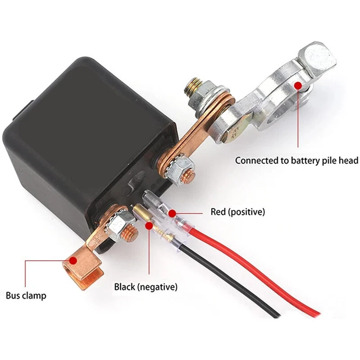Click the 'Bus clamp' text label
[x=26, y=296]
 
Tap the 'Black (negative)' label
[x=145, y=287]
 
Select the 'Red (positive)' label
[x=238, y=211]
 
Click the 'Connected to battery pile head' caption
[x=297, y=160]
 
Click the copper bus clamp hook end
[x=83, y=270]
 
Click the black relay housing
[x=81, y=135]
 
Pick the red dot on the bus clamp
[x=74, y=260]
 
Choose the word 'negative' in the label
[x=157, y=287]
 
